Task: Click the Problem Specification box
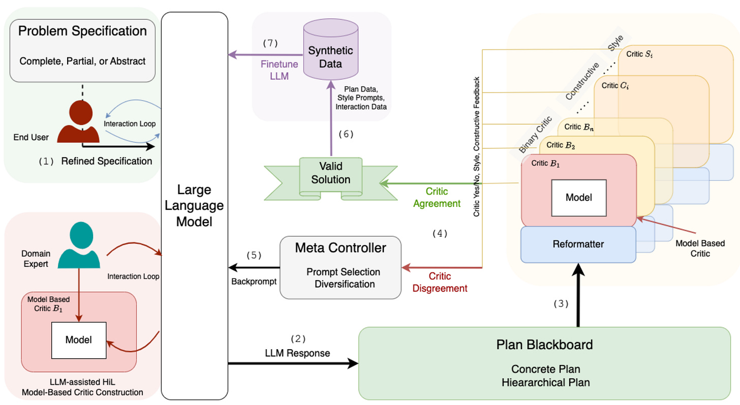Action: point(82,50)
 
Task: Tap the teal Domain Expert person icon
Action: point(79,246)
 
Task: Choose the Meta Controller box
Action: point(341,267)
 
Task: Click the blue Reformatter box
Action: point(578,244)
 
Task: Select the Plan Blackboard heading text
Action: point(544,345)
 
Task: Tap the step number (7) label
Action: point(270,43)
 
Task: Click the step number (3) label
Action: point(561,304)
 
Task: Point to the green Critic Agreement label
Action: point(437,198)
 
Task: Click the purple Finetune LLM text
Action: point(279,70)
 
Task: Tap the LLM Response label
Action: point(298,353)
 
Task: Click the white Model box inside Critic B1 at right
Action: point(579,197)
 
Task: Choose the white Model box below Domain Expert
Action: point(78,339)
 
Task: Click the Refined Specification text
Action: point(106,161)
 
